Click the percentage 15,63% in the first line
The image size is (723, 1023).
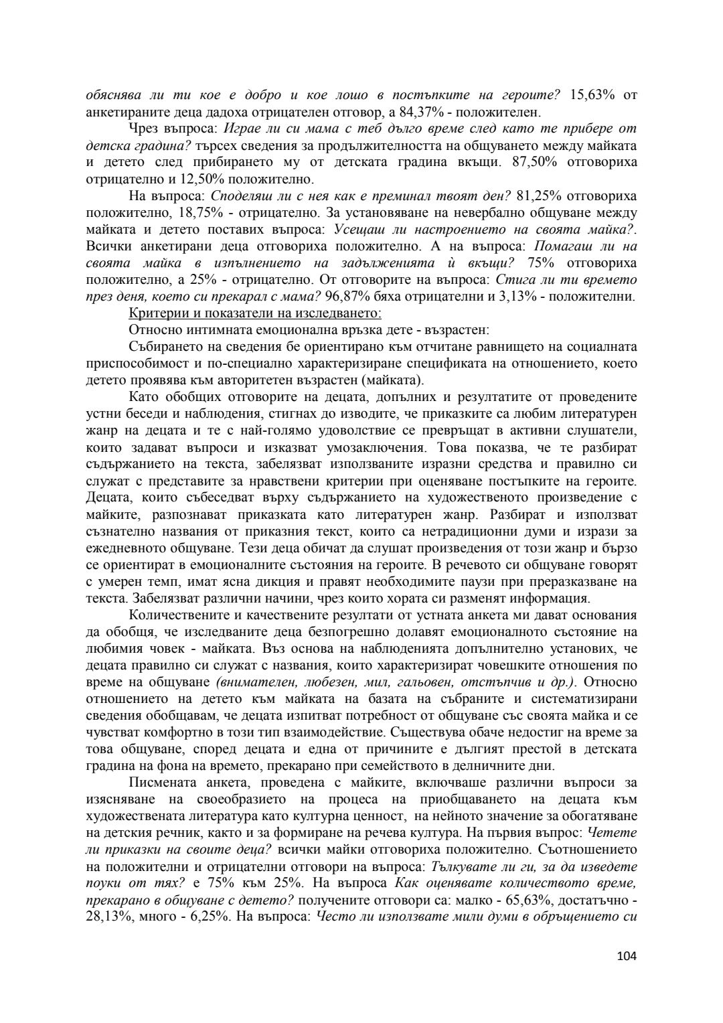coord(592,95)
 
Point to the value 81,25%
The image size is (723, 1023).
coord(541,196)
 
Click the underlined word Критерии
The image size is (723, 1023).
coord(154,313)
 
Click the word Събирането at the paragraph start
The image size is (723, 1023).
coord(160,347)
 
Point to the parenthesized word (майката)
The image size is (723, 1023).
coord(393,380)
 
